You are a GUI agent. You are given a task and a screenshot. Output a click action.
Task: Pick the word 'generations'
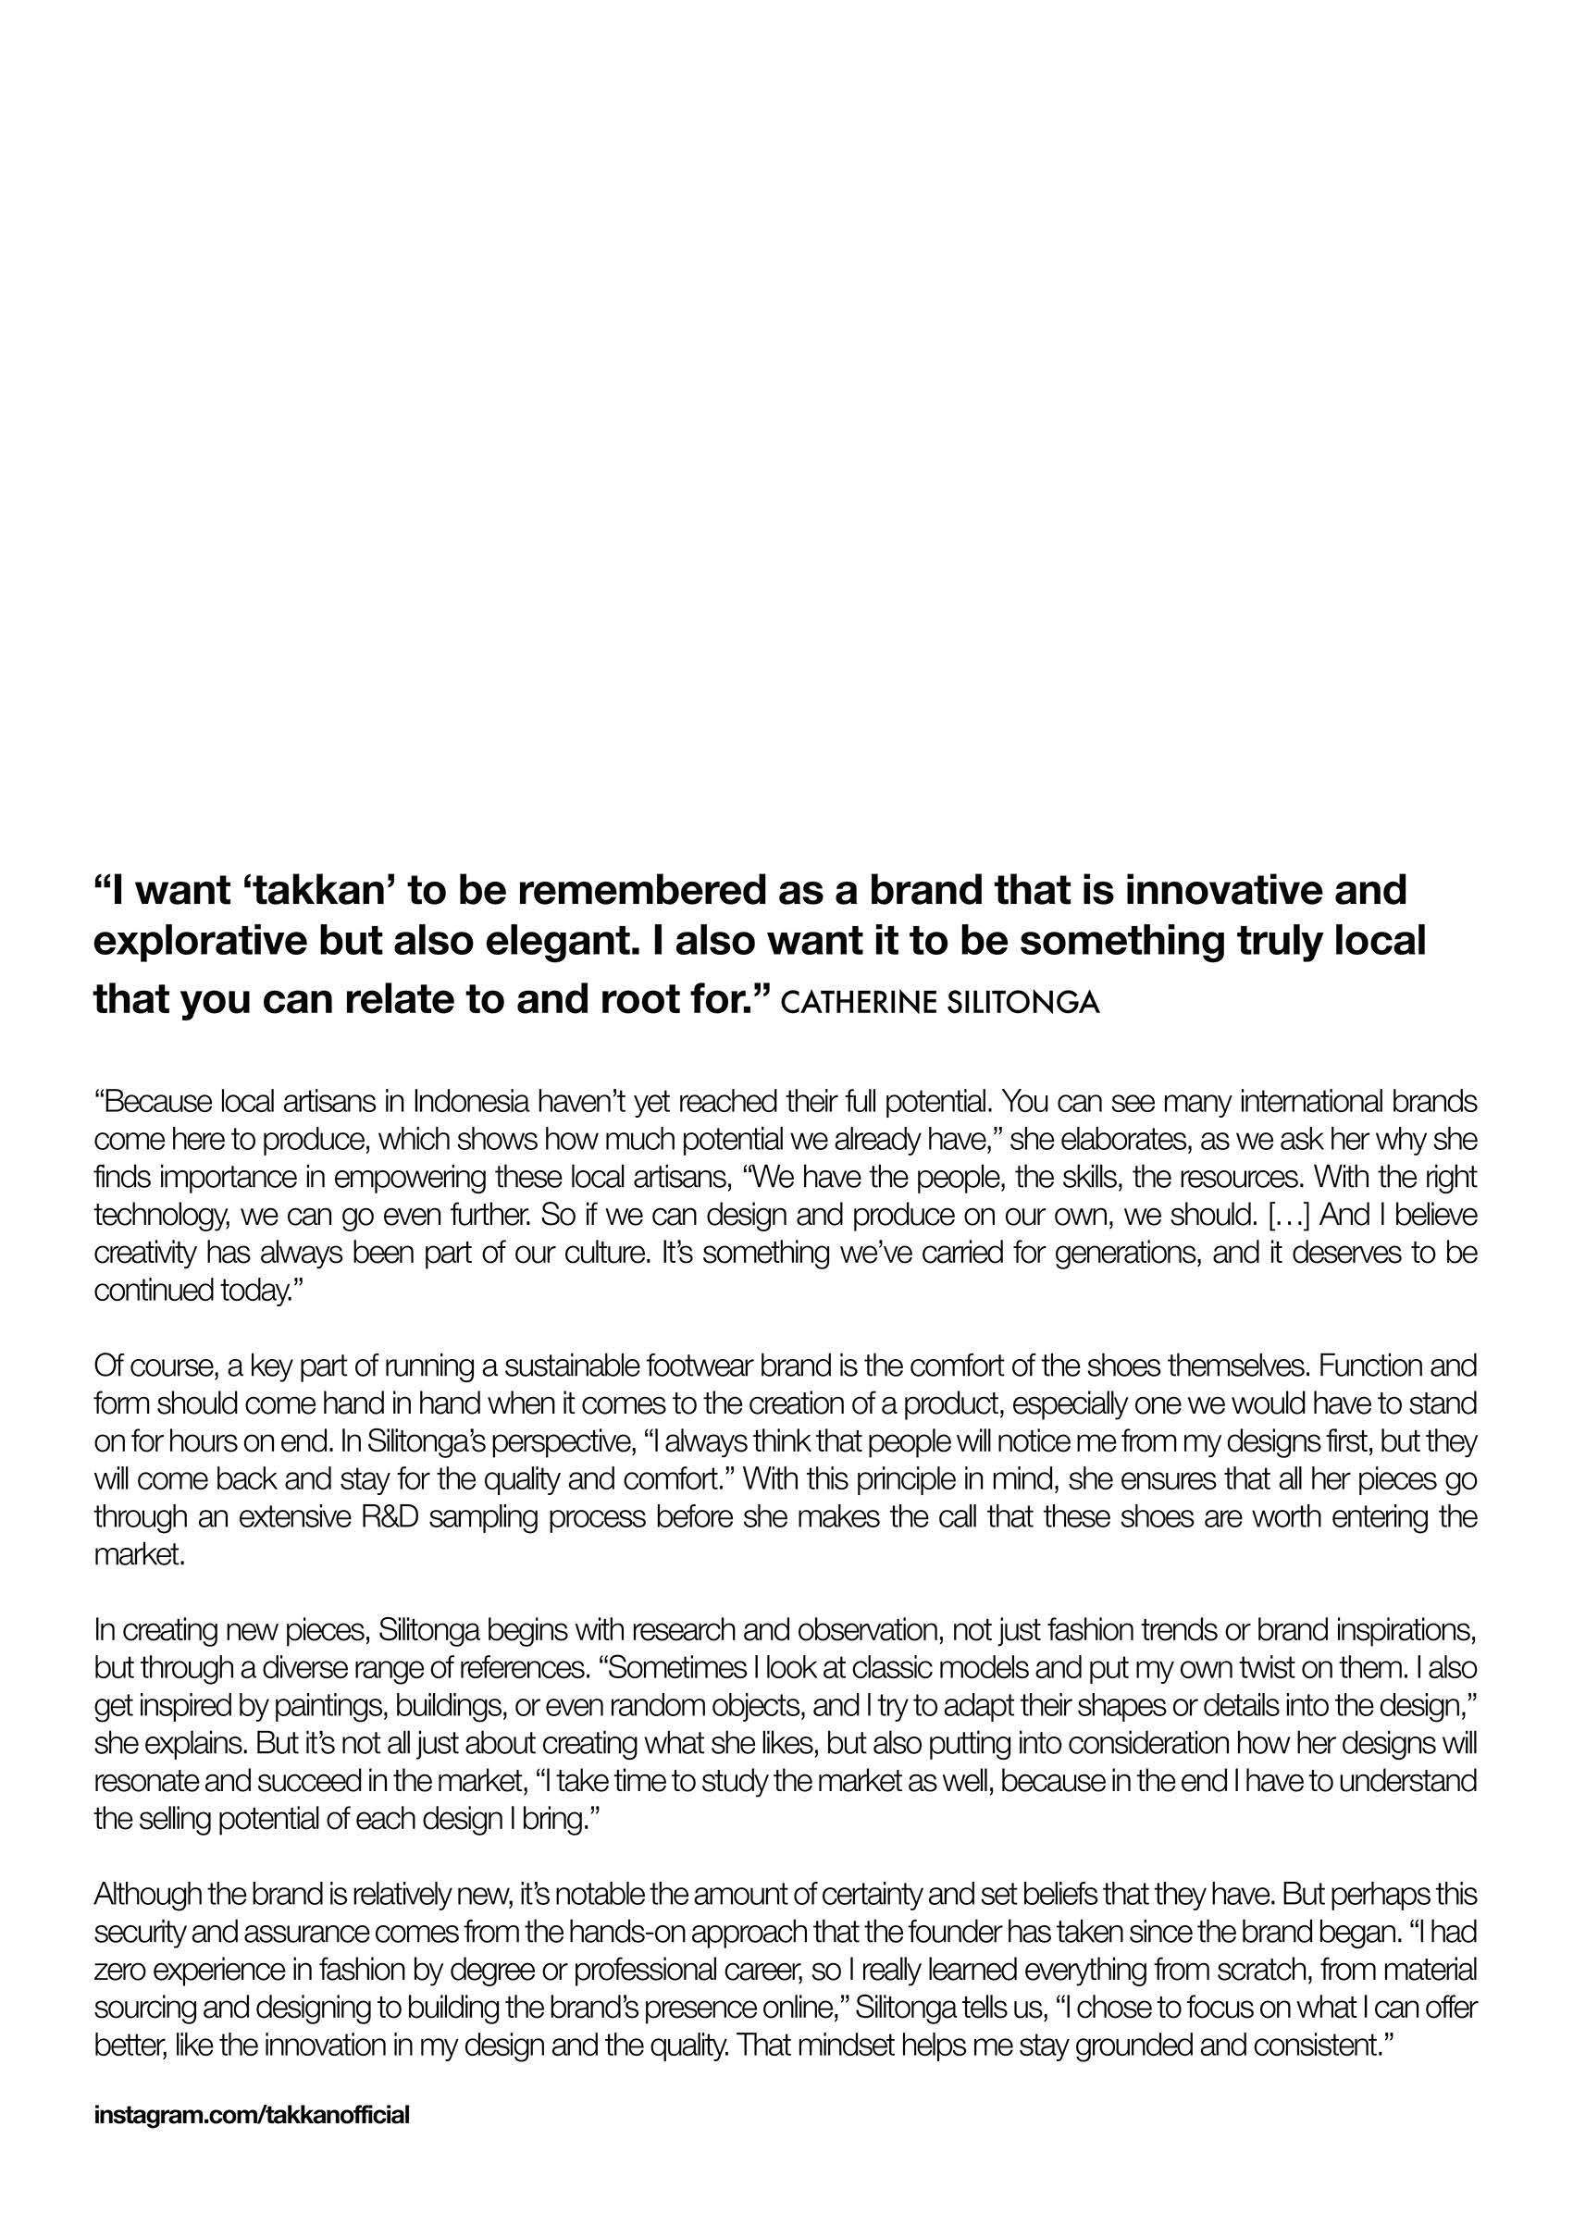coord(1122,1253)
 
